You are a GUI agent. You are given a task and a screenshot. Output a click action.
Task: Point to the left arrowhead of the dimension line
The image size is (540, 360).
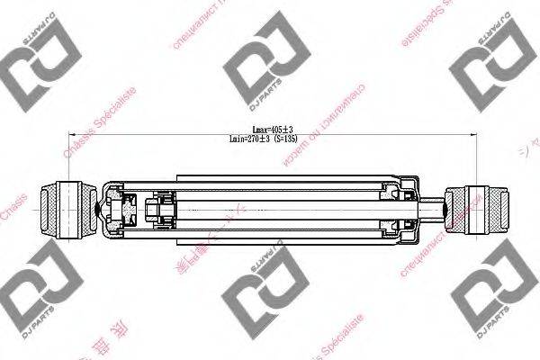coord(64,135)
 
